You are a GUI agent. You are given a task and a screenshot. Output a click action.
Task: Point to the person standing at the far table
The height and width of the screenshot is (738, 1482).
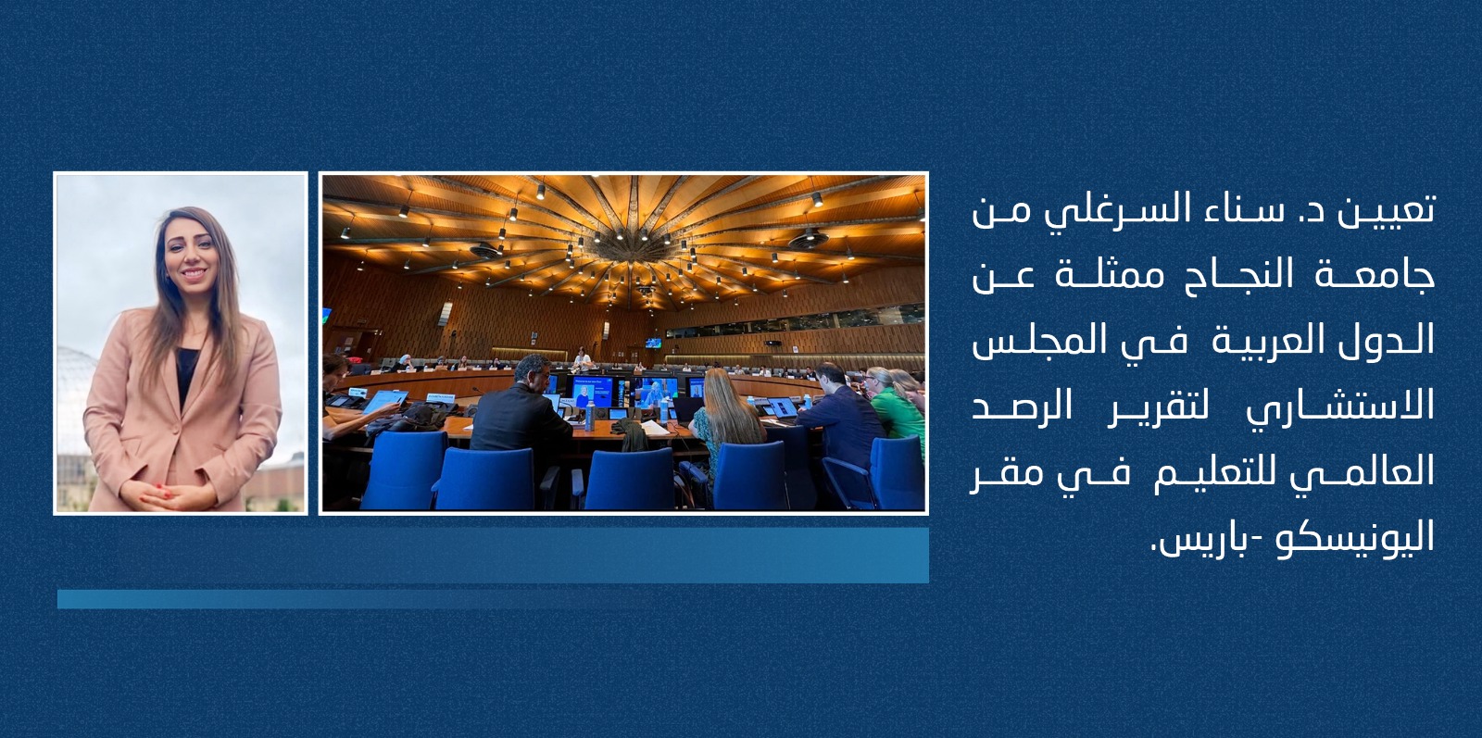click(x=582, y=359)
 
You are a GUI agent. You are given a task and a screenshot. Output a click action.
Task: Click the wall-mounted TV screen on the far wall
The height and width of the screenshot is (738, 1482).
click(x=653, y=343)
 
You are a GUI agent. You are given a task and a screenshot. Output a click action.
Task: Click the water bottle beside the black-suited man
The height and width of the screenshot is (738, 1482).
click(x=590, y=415)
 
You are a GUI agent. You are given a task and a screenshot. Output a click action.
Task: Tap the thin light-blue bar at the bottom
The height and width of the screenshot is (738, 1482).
click(x=358, y=599)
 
